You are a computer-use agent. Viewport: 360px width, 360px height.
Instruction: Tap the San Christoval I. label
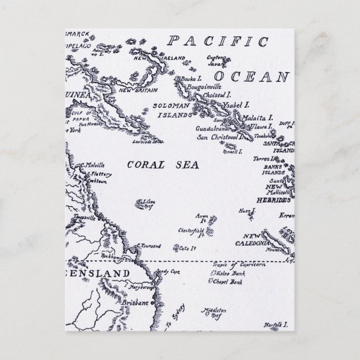tap(217, 136)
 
